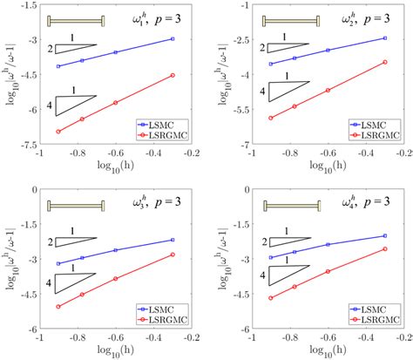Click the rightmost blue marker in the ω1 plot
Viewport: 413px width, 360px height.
click(173, 39)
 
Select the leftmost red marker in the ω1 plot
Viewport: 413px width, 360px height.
click(58, 132)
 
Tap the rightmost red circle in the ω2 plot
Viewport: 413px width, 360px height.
click(385, 62)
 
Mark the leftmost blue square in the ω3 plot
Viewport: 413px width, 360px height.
click(58, 263)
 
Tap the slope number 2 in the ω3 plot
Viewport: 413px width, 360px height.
click(51, 241)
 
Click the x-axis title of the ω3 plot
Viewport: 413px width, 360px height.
click(115, 350)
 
